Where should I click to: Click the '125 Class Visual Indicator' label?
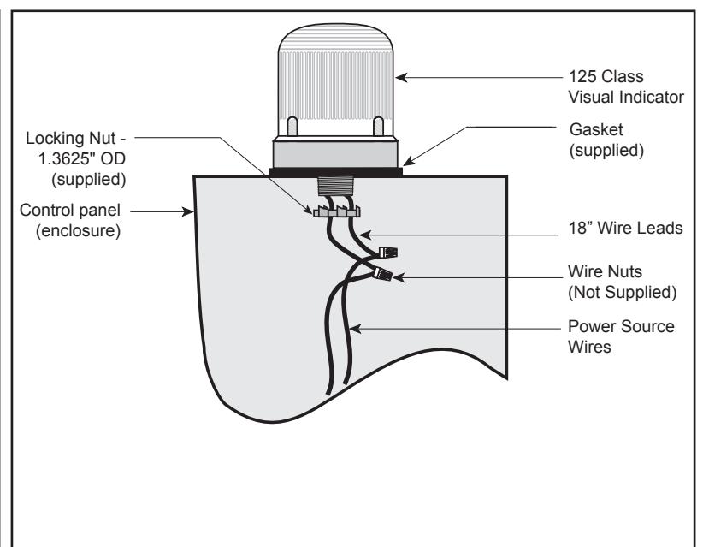point(626,86)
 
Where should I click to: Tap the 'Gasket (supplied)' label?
point(606,140)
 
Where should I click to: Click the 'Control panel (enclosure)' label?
point(70,220)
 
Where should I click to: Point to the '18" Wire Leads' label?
point(625,228)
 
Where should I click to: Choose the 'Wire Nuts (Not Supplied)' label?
point(623,282)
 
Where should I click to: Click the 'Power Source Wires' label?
point(621,336)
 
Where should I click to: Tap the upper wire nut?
point(388,253)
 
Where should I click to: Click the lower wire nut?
point(383,273)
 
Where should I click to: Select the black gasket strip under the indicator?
point(336,172)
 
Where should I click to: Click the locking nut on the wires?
point(337,211)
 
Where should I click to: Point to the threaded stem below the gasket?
point(335,185)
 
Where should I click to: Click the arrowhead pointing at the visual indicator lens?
point(401,78)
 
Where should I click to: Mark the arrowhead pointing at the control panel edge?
point(187,211)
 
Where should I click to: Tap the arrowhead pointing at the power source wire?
point(356,329)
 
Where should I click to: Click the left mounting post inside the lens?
point(292,126)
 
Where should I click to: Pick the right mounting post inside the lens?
point(378,126)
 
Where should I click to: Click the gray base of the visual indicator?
point(336,152)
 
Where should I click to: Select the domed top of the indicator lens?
point(336,38)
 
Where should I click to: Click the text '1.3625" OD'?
point(82,159)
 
